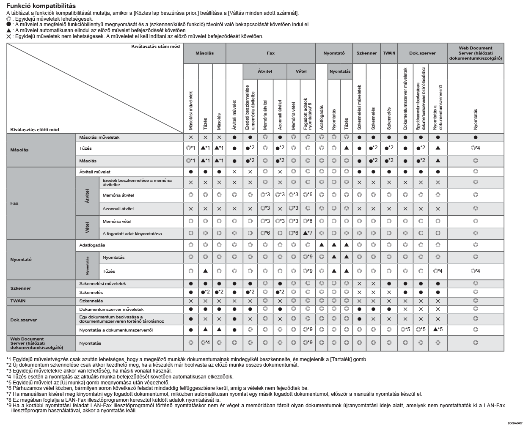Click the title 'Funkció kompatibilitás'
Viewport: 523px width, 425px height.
(41, 6)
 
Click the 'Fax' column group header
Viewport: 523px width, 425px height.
(270, 53)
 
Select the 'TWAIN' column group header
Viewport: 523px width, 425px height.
(389, 53)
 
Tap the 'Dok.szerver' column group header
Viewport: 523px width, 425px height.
(422, 53)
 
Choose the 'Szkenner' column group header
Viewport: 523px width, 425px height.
(366, 53)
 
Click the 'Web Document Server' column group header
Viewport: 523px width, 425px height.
(475, 53)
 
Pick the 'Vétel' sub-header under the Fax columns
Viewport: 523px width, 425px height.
(301, 71)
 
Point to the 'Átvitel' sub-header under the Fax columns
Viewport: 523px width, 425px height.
(265, 71)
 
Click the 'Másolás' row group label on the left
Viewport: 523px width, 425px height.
(19, 150)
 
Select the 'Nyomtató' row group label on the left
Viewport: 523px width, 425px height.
(21, 259)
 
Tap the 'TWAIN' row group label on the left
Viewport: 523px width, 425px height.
(17, 301)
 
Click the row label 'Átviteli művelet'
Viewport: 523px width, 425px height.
(95, 172)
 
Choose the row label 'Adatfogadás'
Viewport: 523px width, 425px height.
(92, 245)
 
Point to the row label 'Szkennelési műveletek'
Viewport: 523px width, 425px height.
(102, 283)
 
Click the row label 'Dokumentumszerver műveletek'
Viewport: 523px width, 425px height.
(111, 309)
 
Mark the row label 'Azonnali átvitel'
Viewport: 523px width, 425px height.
(118, 208)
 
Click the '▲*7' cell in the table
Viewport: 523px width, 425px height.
(308, 233)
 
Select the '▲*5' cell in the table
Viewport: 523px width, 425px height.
(438, 329)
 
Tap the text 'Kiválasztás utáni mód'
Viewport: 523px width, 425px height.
(155, 46)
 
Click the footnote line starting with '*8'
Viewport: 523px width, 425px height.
(113, 400)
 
